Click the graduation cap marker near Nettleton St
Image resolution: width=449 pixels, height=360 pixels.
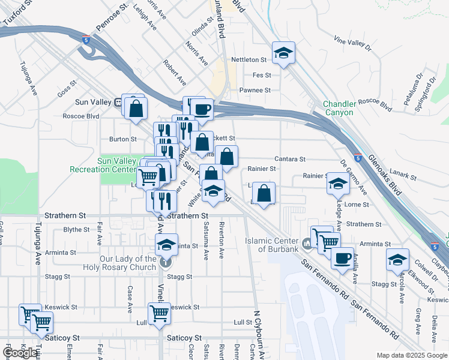point(283,53)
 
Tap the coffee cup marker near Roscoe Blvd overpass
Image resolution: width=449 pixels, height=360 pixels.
point(202,109)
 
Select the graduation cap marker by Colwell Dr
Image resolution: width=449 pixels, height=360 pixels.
point(397,259)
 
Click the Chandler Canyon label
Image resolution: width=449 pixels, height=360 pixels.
point(340,108)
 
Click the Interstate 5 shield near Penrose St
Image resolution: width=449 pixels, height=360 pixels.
point(88,40)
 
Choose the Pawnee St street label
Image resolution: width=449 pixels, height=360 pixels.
point(255,90)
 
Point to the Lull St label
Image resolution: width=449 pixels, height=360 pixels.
point(243,322)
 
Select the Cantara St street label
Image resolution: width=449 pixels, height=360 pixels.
point(291,159)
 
